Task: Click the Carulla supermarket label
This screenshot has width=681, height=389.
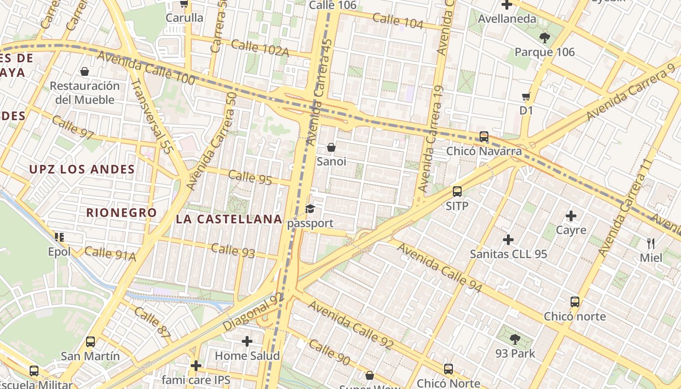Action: click(x=184, y=18)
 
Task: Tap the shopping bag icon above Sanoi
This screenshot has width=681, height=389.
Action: click(x=331, y=147)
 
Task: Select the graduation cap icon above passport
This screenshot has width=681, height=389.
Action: click(x=310, y=209)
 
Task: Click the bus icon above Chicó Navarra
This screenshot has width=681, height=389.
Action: click(x=484, y=137)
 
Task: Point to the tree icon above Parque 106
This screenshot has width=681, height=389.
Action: click(x=544, y=37)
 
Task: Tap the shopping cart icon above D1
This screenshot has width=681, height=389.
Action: click(x=526, y=96)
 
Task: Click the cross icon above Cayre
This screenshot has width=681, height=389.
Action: click(x=571, y=215)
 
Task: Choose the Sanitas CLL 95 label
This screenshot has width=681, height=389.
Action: click(x=508, y=254)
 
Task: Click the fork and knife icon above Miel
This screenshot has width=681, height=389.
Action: click(x=651, y=243)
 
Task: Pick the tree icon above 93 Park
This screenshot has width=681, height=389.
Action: click(x=515, y=339)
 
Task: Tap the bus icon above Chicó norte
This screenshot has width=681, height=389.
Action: click(x=575, y=302)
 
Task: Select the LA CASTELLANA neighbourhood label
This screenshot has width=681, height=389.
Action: click(x=229, y=219)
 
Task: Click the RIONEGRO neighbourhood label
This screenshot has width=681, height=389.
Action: click(x=122, y=212)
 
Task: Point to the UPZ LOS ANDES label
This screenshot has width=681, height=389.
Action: click(x=82, y=169)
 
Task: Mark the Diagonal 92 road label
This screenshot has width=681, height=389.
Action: click(x=253, y=312)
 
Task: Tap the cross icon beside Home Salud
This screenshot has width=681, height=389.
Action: click(x=247, y=341)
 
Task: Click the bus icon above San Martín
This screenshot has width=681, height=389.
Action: click(x=90, y=342)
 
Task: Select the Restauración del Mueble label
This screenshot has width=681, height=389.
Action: click(x=85, y=93)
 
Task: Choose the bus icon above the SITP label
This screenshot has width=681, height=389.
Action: click(x=457, y=192)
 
